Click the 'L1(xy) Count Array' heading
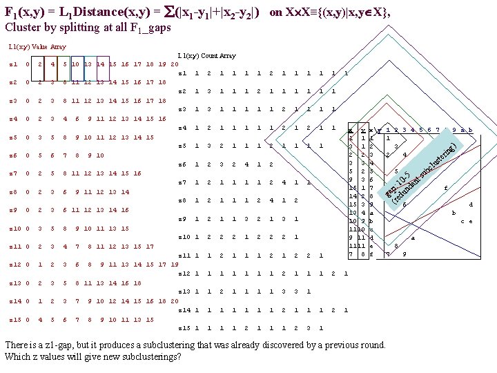206,55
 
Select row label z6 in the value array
13,155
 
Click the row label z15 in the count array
184,327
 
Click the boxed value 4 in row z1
52,65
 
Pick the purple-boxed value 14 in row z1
101,65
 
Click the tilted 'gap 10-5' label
398,186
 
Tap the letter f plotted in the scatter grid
447,187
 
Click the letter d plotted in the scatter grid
471,204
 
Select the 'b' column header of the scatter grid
470,130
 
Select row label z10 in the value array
14,228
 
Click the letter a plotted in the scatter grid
412,238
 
